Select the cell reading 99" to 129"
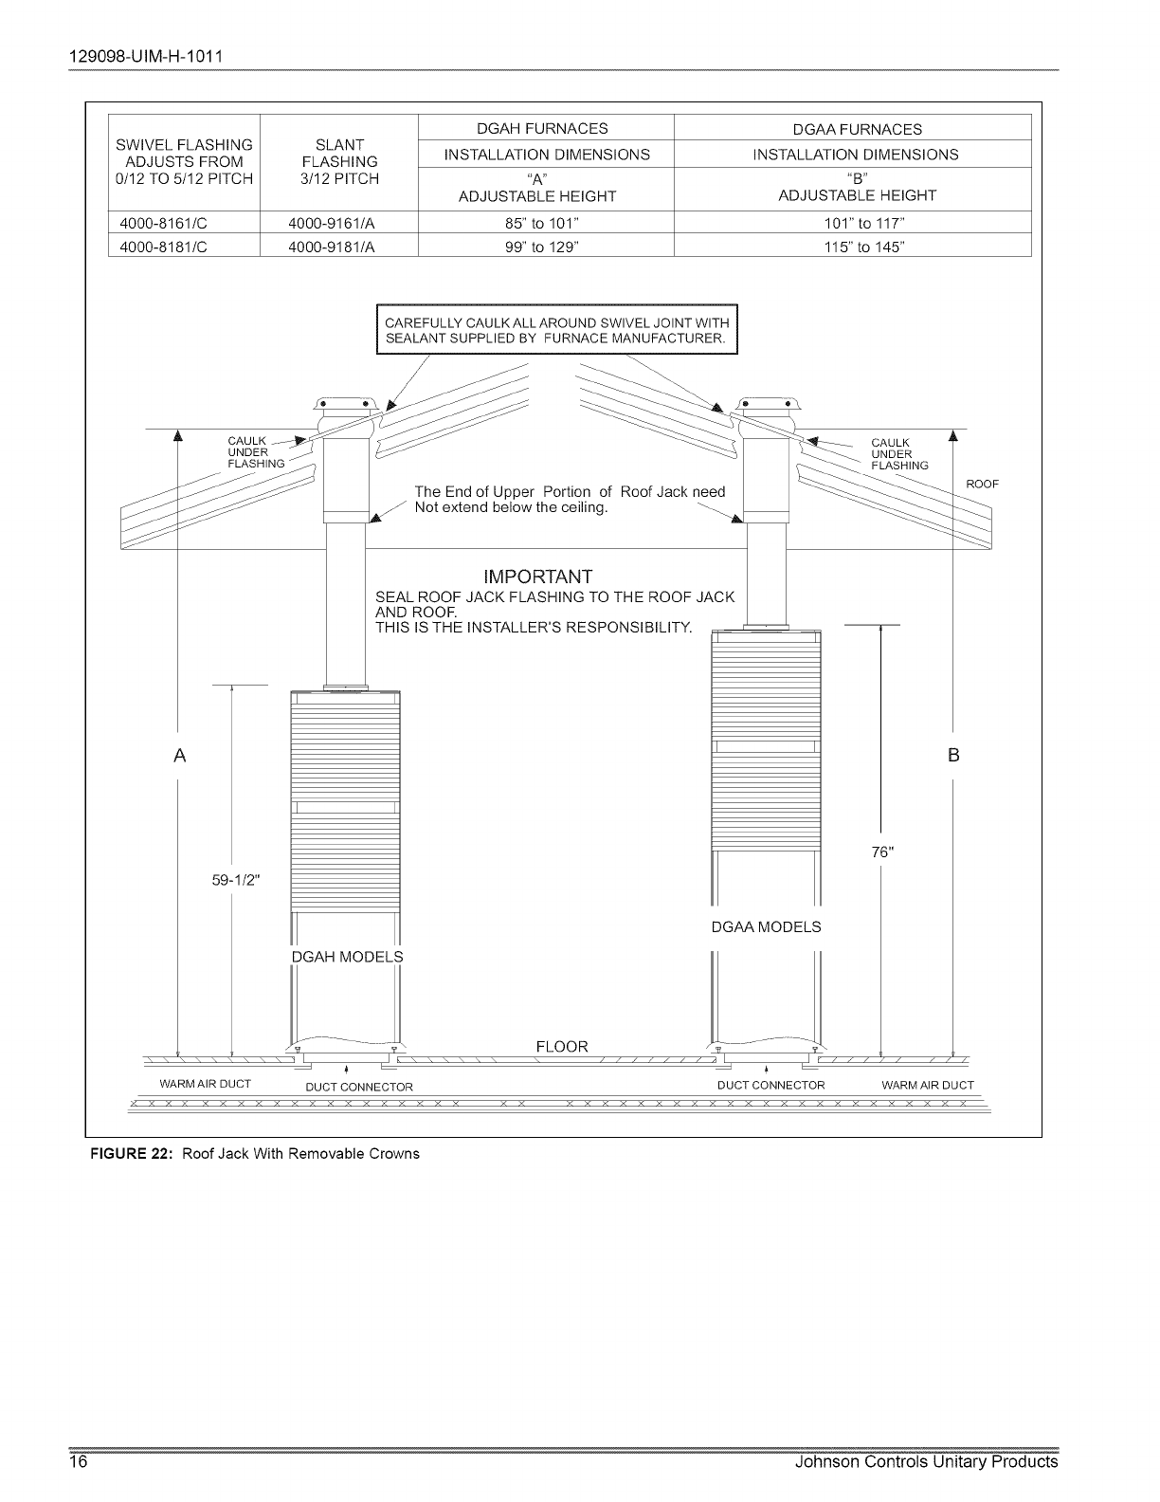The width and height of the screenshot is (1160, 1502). click(x=545, y=247)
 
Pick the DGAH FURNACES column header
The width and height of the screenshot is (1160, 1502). click(x=545, y=128)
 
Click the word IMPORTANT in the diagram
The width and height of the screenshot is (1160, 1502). click(x=537, y=577)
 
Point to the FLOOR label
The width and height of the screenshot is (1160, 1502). click(x=562, y=1047)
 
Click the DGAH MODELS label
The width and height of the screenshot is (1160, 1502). click(x=347, y=956)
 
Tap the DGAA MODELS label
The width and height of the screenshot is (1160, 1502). click(x=766, y=926)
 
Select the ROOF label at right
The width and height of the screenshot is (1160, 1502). click(x=983, y=485)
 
